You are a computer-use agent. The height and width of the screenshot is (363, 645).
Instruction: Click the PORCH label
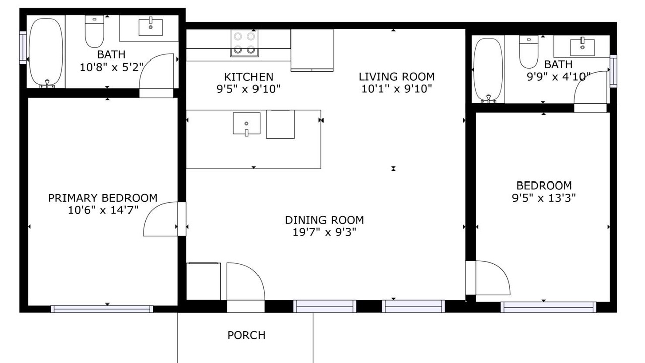[x=246, y=335]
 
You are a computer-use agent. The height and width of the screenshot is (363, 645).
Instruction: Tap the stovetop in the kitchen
[x=244, y=43]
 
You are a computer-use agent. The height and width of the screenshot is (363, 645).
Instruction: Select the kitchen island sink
[x=246, y=124]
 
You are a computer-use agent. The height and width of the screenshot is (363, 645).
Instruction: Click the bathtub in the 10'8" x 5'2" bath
[x=46, y=52]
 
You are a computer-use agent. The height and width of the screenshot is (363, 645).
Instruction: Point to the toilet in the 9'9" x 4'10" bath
[x=529, y=52]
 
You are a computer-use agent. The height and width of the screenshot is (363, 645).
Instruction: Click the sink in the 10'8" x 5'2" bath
[x=151, y=27]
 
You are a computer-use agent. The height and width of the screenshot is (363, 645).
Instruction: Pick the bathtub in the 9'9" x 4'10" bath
[x=488, y=70]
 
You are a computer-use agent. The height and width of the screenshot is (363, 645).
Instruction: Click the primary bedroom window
[x=102, y=309]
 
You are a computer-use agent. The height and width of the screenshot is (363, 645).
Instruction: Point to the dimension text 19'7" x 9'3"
[x=325, y=232]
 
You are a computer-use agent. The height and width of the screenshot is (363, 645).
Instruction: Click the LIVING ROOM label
[x=397, y=77]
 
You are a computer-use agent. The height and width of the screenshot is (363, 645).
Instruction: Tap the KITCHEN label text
[x=248, y=77]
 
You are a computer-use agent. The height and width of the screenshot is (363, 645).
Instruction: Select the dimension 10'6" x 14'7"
[x=103, y=210]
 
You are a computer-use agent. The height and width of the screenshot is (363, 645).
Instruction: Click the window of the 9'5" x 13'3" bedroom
[x=548, y=307]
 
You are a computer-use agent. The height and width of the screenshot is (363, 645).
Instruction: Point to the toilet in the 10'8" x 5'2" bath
[x=94, y=31]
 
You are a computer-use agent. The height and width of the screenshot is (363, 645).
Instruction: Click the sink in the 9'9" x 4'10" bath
[x=582, y=46]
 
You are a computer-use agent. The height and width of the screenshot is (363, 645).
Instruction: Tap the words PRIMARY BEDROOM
[x=103, y=198]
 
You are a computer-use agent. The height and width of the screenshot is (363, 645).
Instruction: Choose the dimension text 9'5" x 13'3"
[x=544, y=198]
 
